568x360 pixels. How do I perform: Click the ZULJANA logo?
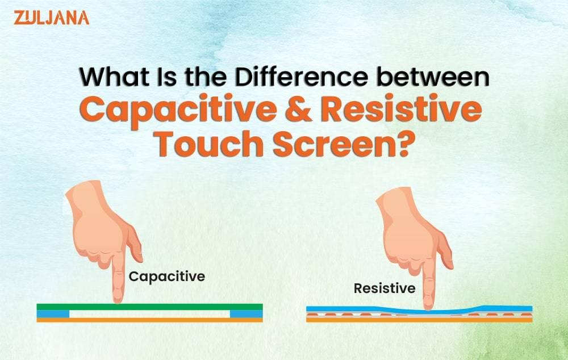point(51,17)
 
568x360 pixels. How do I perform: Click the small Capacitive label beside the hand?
point(166,277)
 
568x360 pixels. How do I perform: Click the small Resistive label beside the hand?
point(385,288)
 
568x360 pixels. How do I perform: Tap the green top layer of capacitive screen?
point(170,307)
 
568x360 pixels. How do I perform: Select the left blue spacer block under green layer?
point(53,313)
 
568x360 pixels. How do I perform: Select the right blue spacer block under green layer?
point(246,313)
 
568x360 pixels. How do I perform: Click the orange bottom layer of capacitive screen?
point(150,320)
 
